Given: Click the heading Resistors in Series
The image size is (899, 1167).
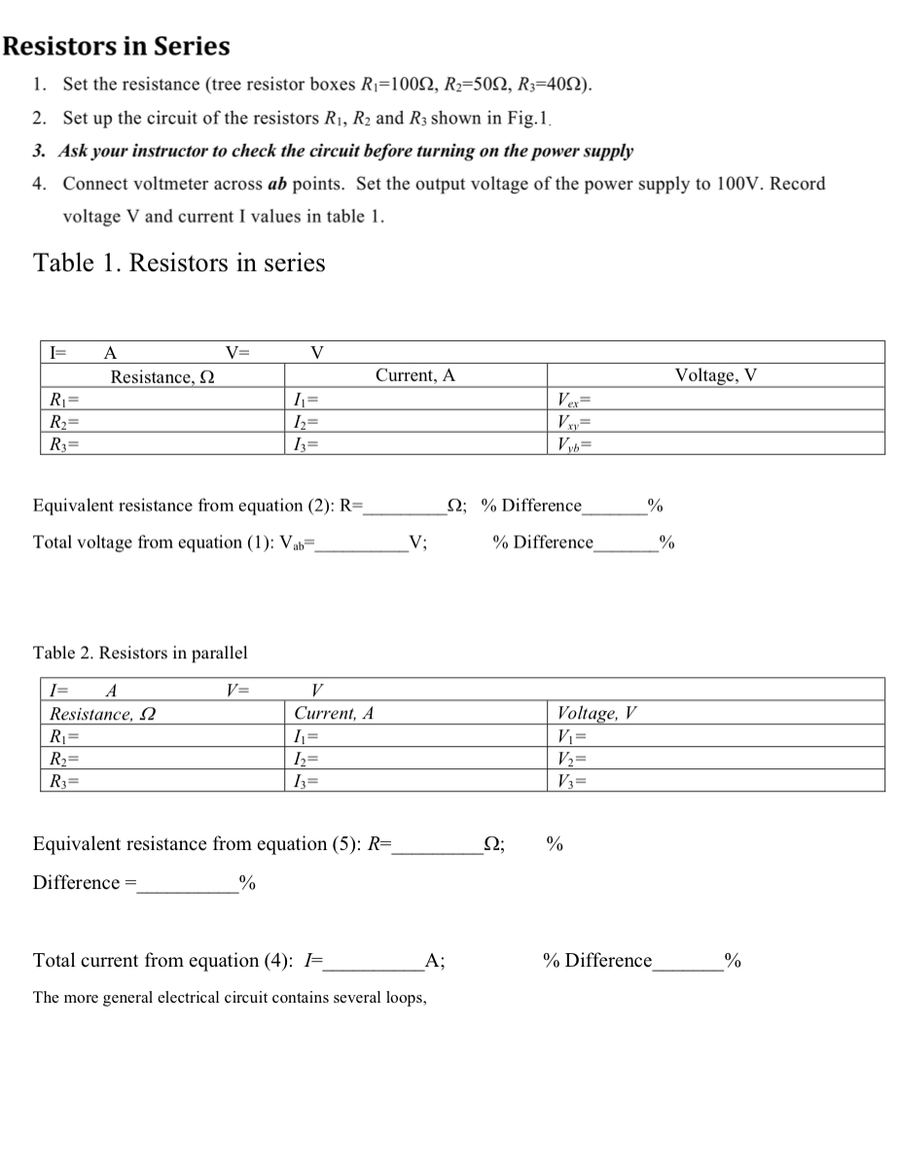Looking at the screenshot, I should [117, 47].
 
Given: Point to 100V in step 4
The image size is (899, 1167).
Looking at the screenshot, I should [739, 184].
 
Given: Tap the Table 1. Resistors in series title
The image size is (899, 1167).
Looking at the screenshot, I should [179, 263].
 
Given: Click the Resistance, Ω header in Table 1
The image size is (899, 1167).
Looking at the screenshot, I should [162, 376].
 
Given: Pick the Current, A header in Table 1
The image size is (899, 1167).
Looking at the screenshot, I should [414, 376].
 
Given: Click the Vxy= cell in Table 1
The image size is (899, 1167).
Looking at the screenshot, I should [575, 421].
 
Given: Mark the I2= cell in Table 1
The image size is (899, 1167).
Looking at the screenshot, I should [306, 421].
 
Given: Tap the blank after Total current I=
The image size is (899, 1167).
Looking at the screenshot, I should [375, 962].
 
